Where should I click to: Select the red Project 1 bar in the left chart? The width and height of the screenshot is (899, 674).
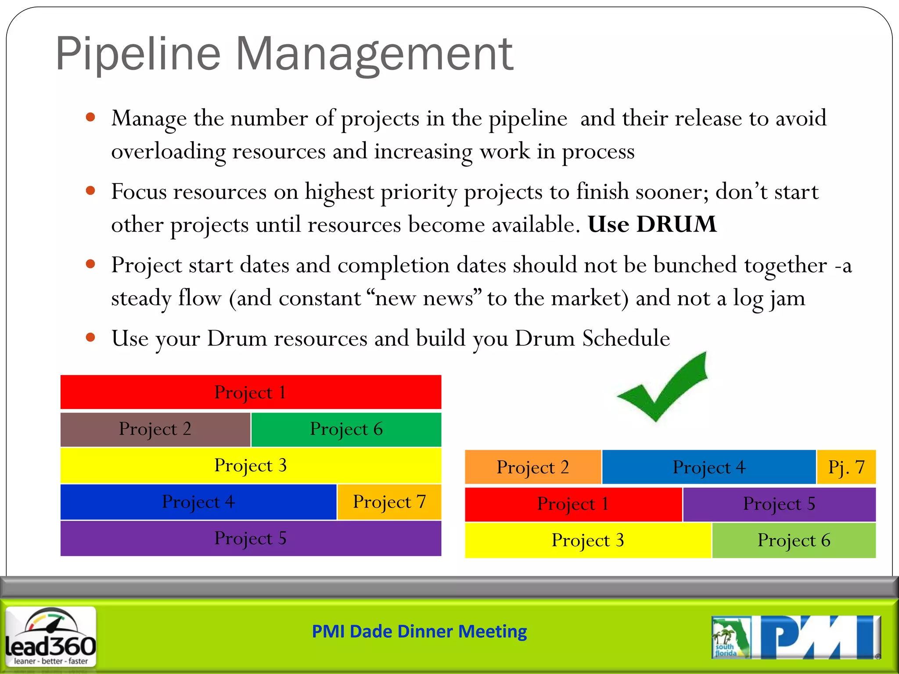(x=251, y=392)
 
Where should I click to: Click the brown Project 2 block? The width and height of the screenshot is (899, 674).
(x=155, y=429)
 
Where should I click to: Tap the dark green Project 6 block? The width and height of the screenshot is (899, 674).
(x=346, y=429)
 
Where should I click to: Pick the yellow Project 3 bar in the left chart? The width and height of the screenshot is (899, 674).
(x=251, y=465)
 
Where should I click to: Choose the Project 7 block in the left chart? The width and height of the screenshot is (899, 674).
(x=389, y=502)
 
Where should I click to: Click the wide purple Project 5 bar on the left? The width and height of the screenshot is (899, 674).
(x=251, y=538)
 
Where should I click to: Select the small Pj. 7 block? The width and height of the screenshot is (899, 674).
(x=846, y=467)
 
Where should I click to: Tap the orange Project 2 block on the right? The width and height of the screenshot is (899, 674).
(x=532, y=467)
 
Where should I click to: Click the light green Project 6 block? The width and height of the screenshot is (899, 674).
(x=794, y=540)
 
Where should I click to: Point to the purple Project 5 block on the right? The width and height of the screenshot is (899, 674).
(x=779, y=504)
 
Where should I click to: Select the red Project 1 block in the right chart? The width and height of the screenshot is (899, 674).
(x=573, y=504)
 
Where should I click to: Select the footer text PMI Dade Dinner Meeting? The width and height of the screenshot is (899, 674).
(x=419, y=631)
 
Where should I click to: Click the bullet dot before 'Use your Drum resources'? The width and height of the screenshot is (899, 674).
(x=91, y=337)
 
